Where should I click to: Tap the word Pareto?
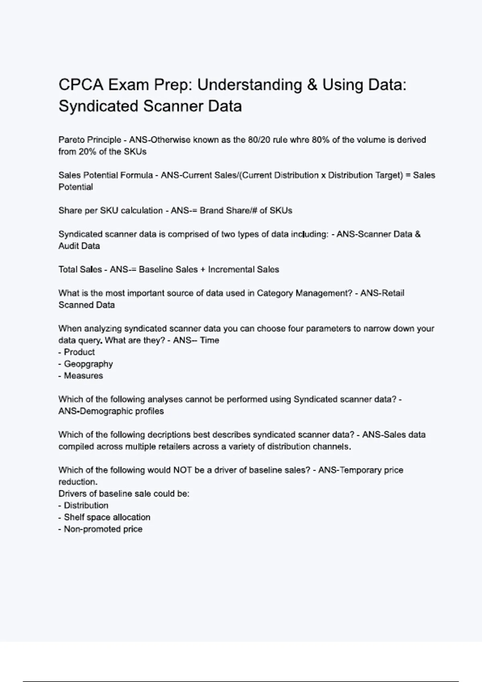point(69,140)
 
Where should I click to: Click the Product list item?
point(79,352)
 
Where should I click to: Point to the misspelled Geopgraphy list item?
point(88,364)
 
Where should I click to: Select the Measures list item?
point(83,376)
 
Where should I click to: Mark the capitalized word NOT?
point(182,470)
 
